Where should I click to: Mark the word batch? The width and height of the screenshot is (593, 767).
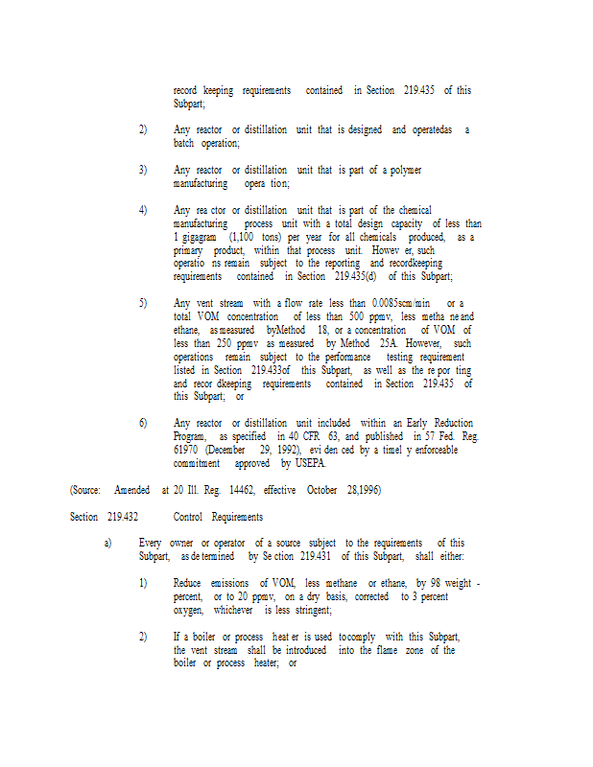(184, 143)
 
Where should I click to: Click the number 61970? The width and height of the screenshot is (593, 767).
(186, 449)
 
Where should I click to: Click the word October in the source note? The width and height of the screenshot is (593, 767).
(321, 489)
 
